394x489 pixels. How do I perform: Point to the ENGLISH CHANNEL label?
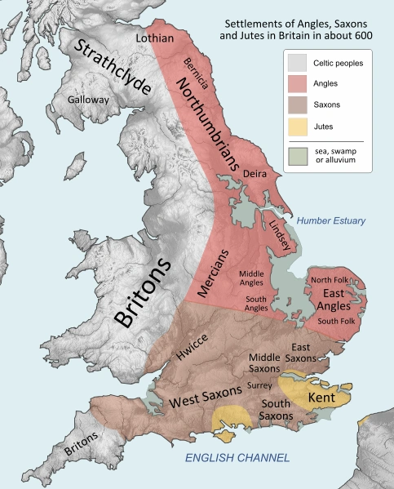(x=236, y=458)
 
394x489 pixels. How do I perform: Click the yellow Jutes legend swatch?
(x=299, y=127)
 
